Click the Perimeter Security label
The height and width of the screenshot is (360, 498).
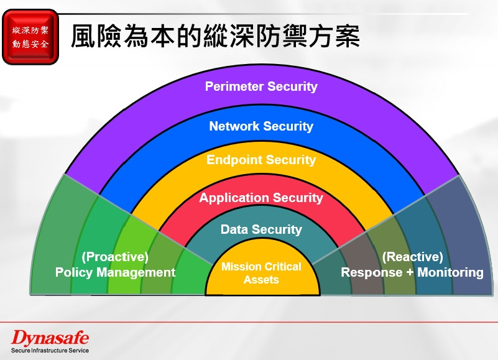[x=261, y=86]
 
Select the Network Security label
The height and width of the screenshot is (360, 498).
[x=261, y=126]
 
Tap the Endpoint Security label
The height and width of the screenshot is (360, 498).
[x=261, y=160]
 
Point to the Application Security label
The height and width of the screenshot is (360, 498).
[x=261, y=198]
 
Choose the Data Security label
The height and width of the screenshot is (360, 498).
[x=261, y=229]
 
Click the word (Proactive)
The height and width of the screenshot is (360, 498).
[x=115, y=257]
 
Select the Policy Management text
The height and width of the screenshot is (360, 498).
[x=115, y=272]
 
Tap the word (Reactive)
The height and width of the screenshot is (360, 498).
[x=412, y=257]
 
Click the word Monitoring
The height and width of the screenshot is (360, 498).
[x=450, y=272]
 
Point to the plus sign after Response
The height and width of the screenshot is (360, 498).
[x=410, y=272]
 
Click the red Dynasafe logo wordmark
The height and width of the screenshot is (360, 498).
[x=50, y=338]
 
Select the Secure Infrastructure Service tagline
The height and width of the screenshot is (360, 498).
[x=50, y=351]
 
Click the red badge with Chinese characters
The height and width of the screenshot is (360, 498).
[x=30, y=37]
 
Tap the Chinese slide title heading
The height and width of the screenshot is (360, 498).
[x=215, y=35]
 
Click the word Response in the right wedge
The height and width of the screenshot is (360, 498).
[x=372, y=272]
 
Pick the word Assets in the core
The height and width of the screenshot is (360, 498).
[x=261, y=280]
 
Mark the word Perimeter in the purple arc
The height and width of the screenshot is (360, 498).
[x=234, y=86]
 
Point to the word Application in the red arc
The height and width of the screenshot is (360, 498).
[x=234, y=198]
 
